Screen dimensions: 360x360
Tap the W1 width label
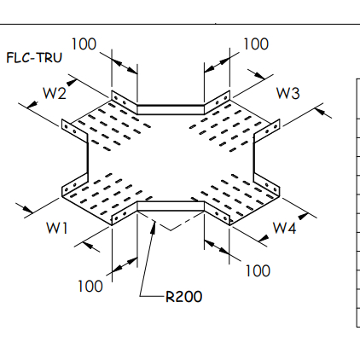pyautogui.click(x=57, y=228)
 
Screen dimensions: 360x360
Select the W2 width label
pyautogui.click(x=56, y=92)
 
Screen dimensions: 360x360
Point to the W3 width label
pyautogui.click(x=287, y=93)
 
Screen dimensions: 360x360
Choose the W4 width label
pyautogui.click(x=284, y=228)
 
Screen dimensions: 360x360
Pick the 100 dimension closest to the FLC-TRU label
pyautogui.click(x=84, y=44)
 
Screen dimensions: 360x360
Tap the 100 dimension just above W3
pyautogui.click(x=257, y=44)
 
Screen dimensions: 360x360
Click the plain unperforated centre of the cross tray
pyautogui.click(x=171, y=158)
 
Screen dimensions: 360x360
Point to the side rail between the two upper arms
pyautogui.click(x=171, y=108)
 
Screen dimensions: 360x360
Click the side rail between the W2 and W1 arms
pyautogui.click(x=86, y=160)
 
